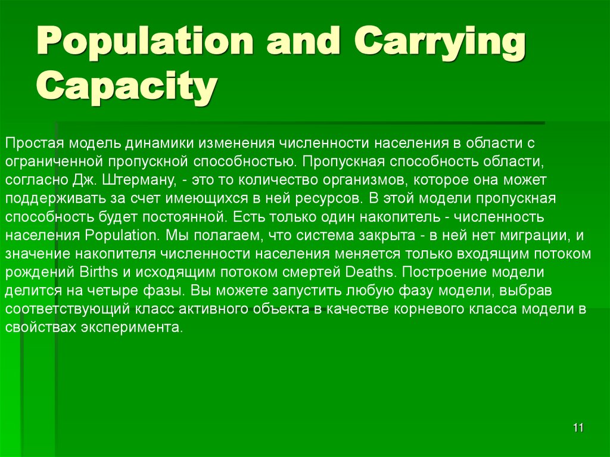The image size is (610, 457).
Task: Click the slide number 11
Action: (578, 428)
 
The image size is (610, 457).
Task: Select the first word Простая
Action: (34, 144)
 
